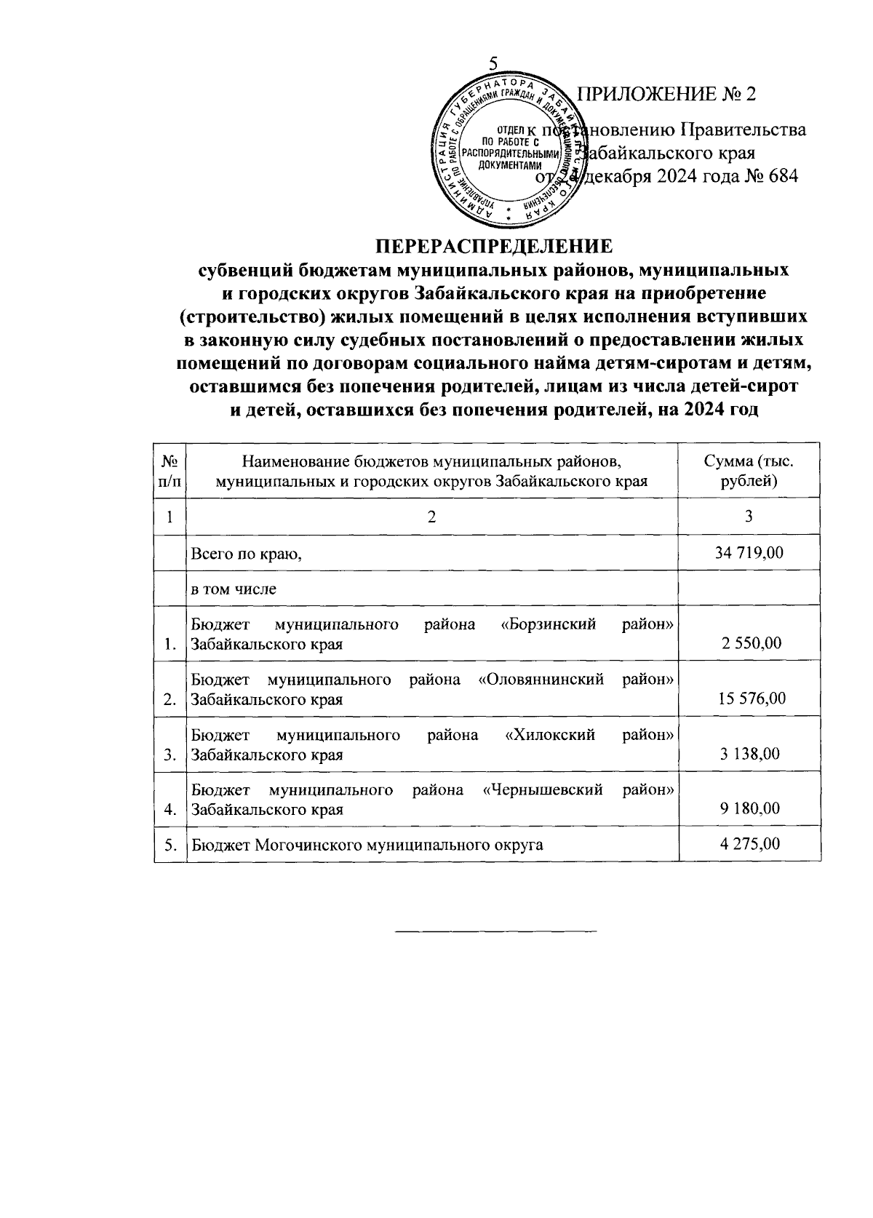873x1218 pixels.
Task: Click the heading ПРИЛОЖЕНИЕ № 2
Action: click(x=666, y=95)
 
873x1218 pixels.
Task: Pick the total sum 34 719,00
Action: click(x=749, y=553)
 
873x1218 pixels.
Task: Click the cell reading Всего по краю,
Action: click(x=246, y=554)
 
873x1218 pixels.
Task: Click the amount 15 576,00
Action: click(x=752, y=698)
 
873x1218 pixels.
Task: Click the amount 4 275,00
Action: click(x=752, y=844)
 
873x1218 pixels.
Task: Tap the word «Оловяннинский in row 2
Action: click(x=542, y=680)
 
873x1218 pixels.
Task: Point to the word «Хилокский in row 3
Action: click(x=550, y=735)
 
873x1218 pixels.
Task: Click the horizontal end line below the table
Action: click(x=495, y=931)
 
